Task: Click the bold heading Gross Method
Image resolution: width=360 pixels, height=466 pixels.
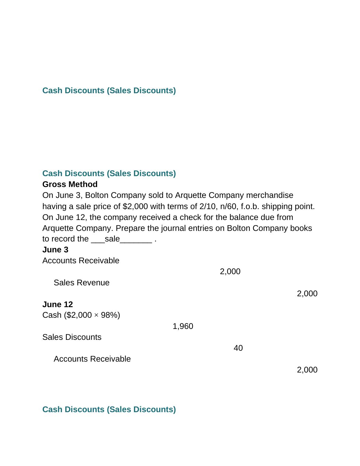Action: (x=70, y=184)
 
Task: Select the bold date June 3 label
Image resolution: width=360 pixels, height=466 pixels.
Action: (x=55, y=250)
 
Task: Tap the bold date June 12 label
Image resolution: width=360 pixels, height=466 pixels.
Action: (x=57, y=304)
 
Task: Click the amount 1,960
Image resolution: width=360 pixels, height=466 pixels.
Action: (x=183, y=326)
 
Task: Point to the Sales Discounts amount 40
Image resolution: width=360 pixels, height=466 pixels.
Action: (x=238, y=348)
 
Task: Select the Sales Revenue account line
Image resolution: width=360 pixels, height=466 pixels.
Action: (x=81, y=283)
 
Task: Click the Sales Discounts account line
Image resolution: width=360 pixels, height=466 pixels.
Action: (x=72, y=337)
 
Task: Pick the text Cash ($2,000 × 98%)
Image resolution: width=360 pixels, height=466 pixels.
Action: (x=81, y=315)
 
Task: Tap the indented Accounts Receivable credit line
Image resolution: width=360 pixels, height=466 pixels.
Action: (x=92, y=359)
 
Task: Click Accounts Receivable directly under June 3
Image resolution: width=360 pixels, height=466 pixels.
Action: (x=81, y=261)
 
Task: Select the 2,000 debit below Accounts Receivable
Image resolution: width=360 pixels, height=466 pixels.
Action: (x=230, y=271)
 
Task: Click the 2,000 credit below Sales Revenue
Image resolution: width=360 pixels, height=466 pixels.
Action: (x=307, y=294)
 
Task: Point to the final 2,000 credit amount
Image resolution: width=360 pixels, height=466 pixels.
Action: (x=307, y=370)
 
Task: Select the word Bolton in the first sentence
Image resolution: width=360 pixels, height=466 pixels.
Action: (x=95, y=195)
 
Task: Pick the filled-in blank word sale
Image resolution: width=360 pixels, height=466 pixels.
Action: (x=112, y=239)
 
